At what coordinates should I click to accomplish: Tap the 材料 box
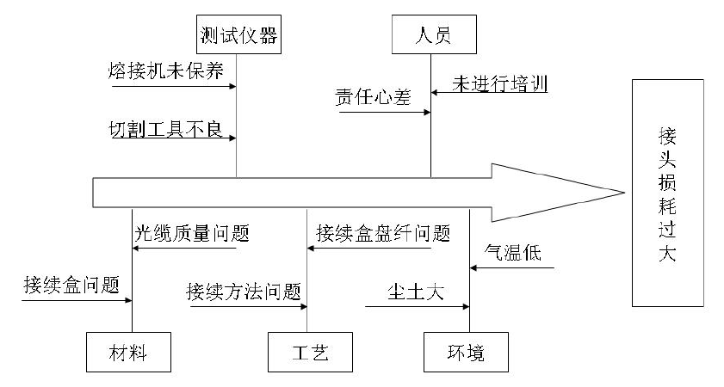click(132, 353)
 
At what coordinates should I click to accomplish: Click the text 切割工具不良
click(166, 129)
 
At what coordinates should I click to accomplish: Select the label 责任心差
click(372, 97)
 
